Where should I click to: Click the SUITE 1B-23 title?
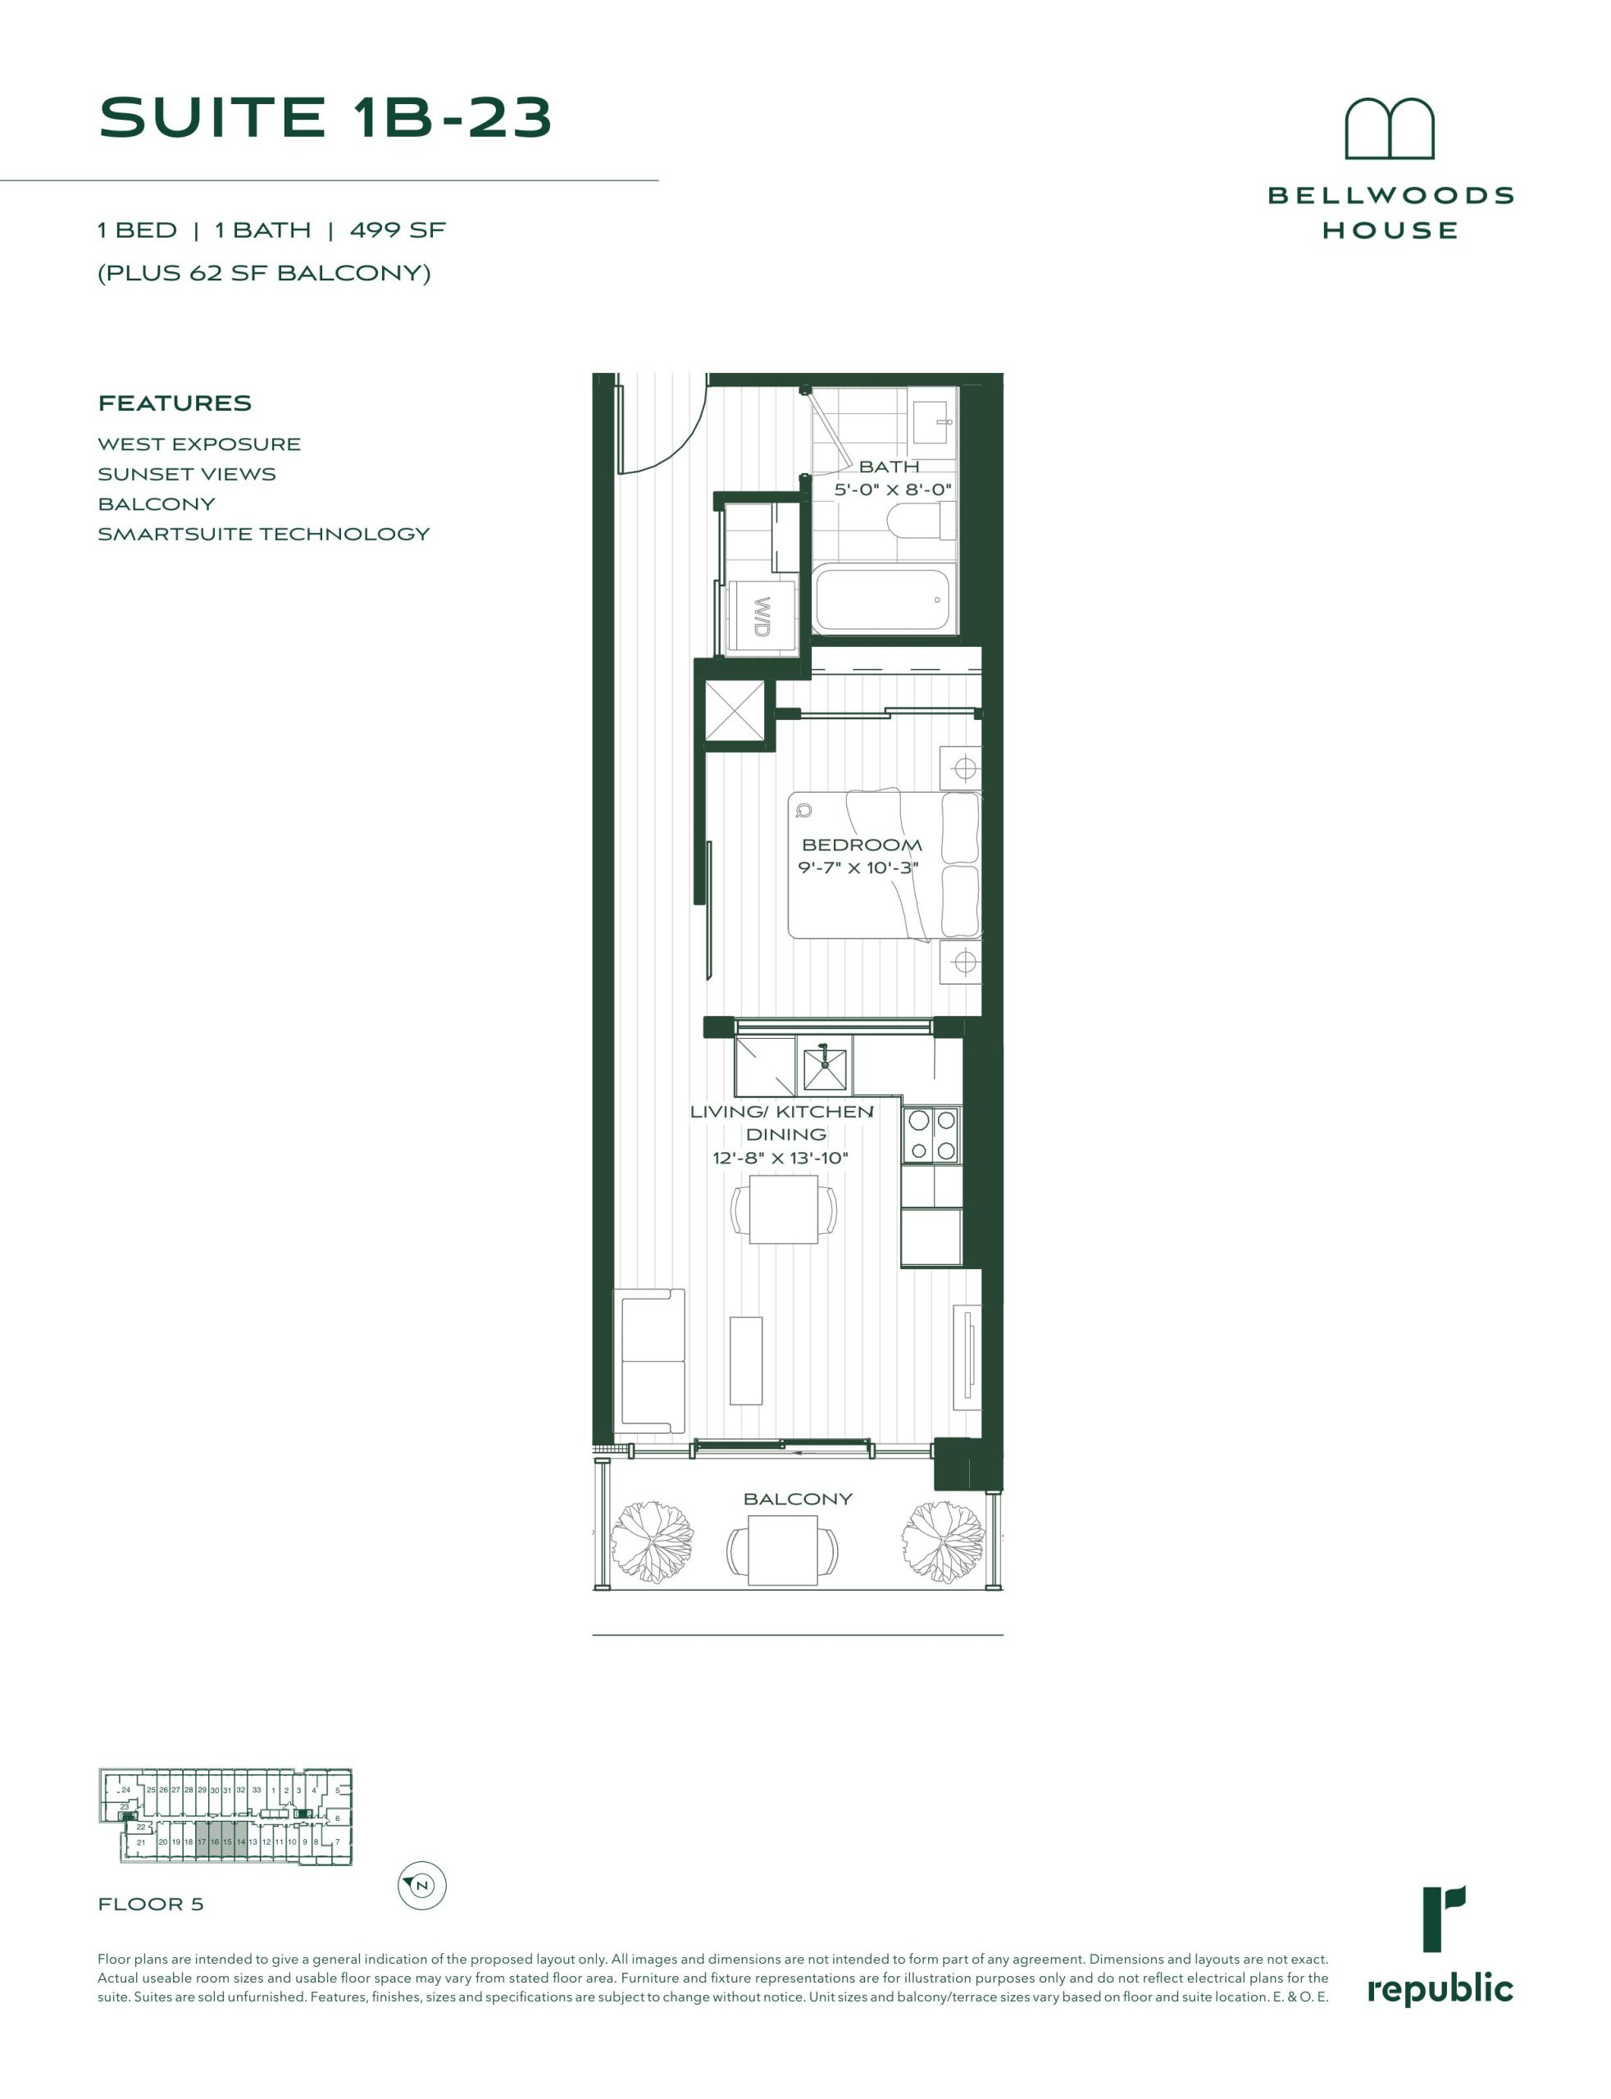pos(326,117)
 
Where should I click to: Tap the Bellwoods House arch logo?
pos(1390,129)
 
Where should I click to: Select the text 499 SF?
pos(398,230)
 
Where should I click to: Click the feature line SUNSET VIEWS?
pos(187,474)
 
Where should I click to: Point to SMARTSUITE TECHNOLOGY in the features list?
pos(264,534)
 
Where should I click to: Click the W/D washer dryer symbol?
pos(762,617)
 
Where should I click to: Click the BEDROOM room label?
pos(861,845)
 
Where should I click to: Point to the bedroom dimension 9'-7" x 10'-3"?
pos(858,869)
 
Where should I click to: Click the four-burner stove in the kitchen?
pos(931,1134)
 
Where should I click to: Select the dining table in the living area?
pos(784,1210)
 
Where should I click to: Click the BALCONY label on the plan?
pos(798,1499)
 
